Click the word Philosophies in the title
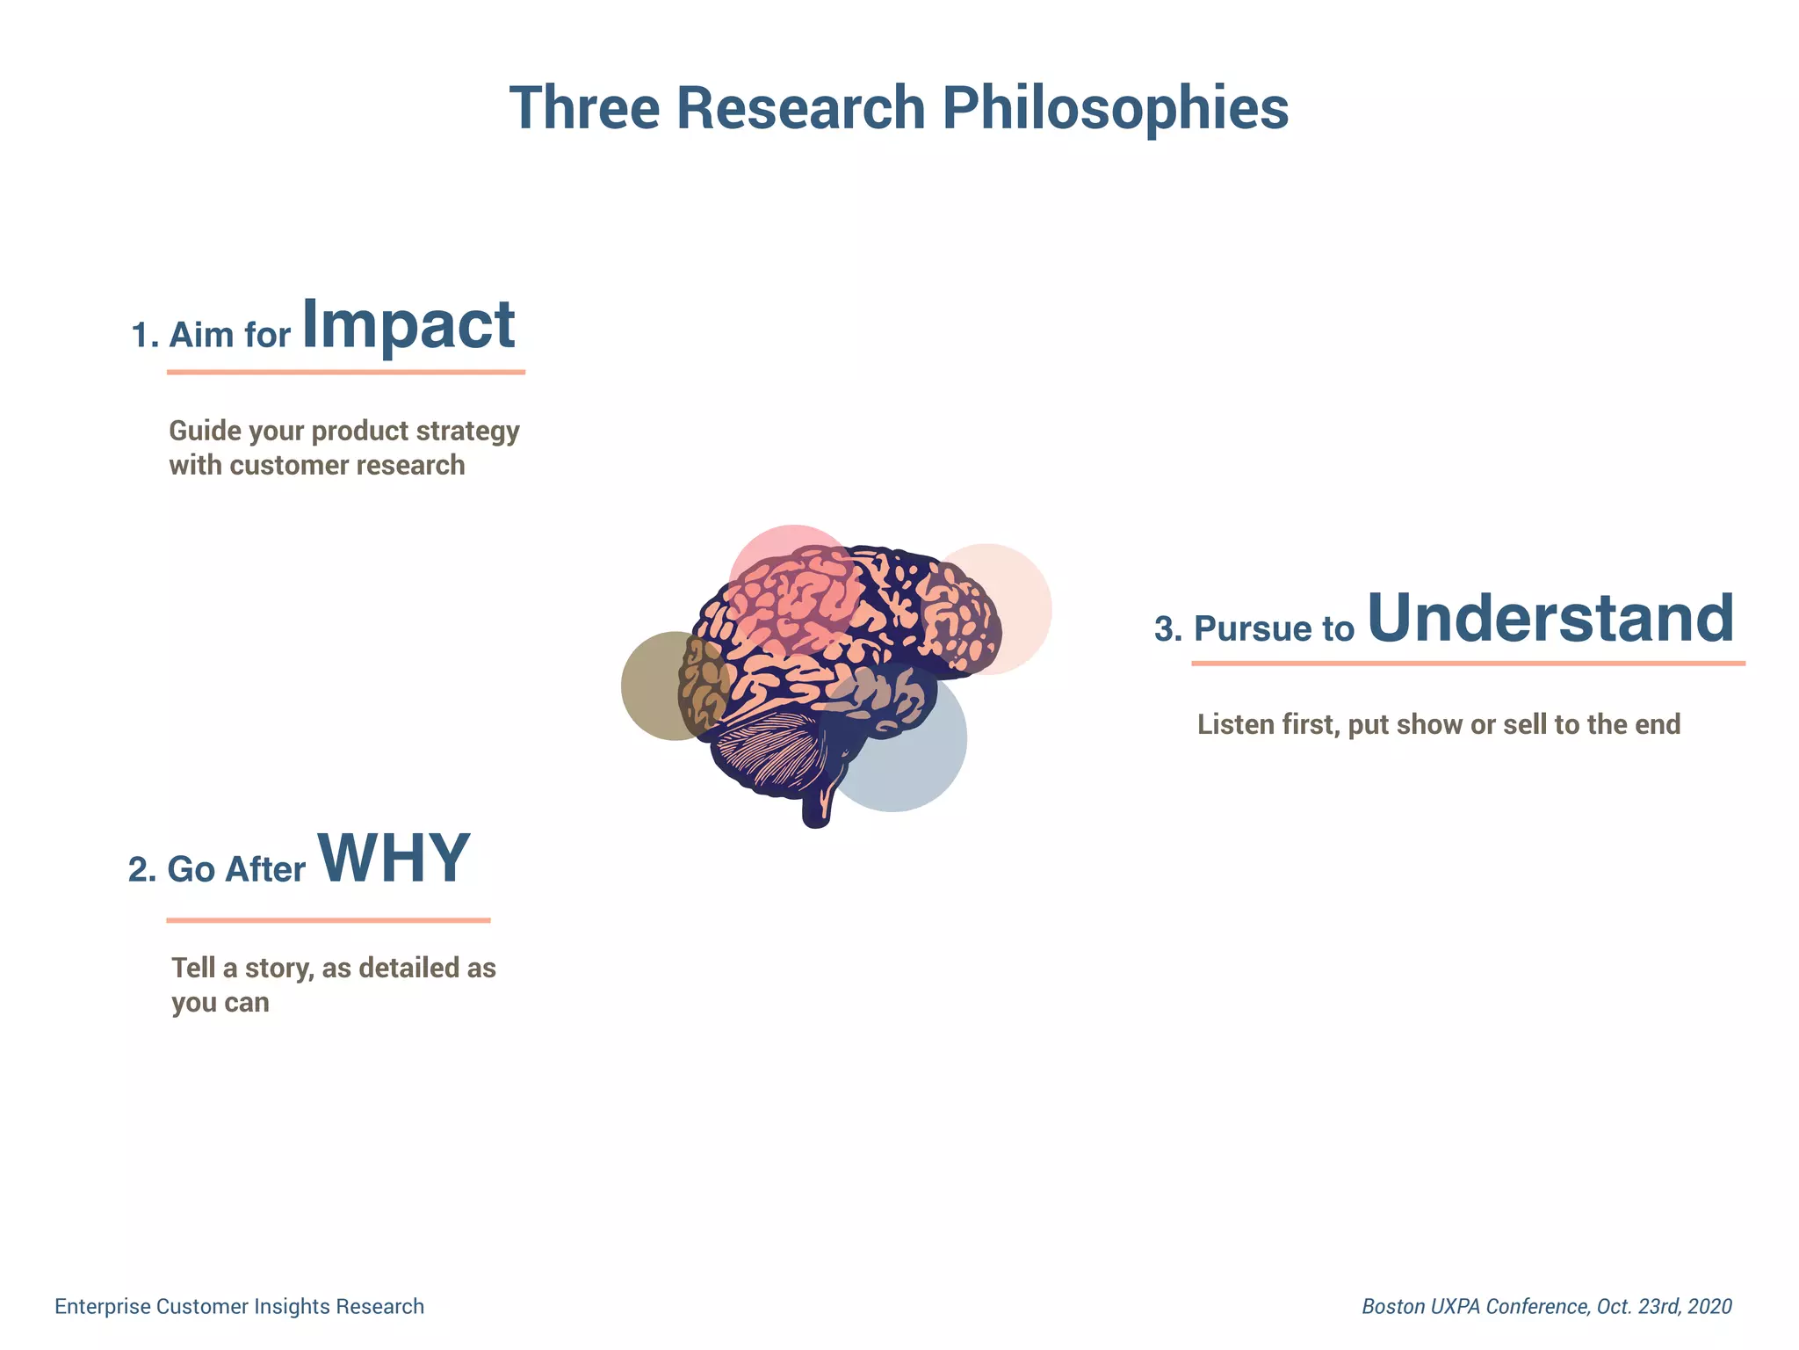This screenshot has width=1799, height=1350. tap(1115, 109)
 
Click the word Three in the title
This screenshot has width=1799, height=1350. tap(584, 109)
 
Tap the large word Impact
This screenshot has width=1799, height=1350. tap(408, 325)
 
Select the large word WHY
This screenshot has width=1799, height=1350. tap(394, 859)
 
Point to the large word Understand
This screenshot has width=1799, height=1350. tap(1550, 618)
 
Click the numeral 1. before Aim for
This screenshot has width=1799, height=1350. tap(144, 336)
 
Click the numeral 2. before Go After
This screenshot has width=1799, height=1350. tap(142, 869)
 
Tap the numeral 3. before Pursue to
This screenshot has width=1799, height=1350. tap(1167, 629)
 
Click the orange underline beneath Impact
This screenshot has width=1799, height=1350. tap(346, 373)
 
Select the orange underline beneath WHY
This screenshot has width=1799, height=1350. tap(329, 920)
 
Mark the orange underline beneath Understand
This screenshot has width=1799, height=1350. tap(1468, 664)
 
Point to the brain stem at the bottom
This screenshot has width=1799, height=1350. tap(816, 809)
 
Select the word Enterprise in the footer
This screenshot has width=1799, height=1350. tap(103, 1307)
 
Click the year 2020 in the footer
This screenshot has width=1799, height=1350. tap(1709, 1307)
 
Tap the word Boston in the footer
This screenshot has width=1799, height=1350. tap(1392, 1307)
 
